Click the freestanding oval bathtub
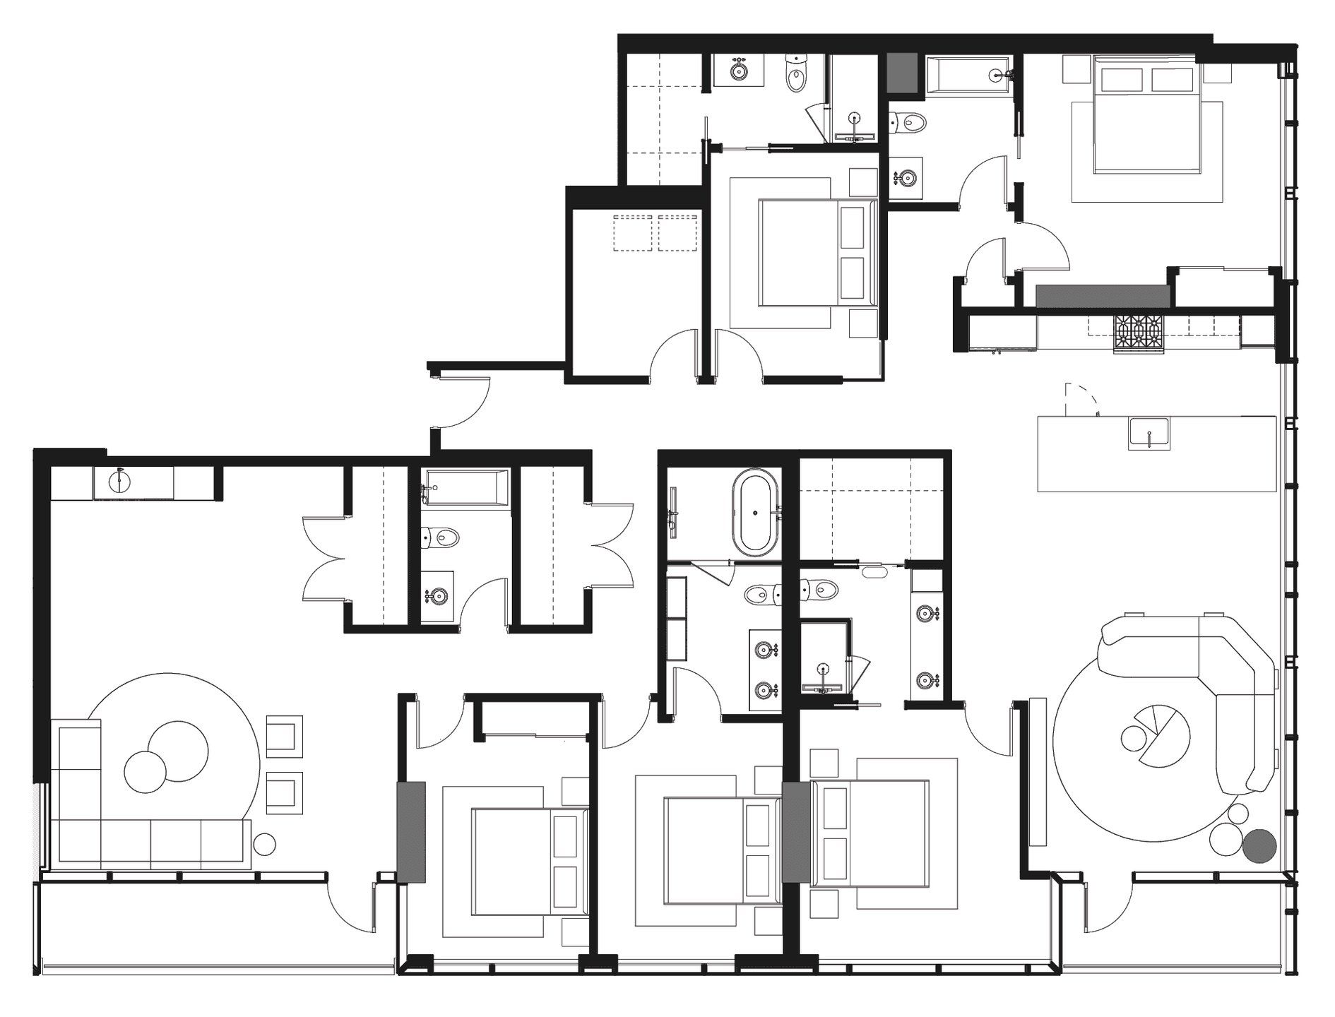click(x=755, y=511)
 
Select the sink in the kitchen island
click(x=1149, y=433)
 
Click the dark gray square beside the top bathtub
click(x=905, y=73)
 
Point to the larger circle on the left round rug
click(x=178, y=750)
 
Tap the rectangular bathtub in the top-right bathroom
click(x=967, y=76)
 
